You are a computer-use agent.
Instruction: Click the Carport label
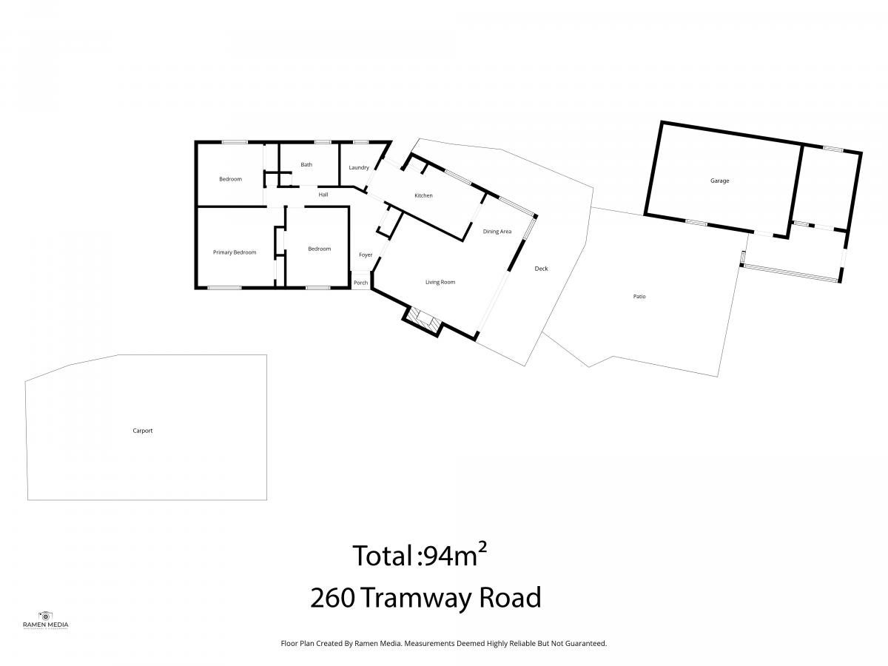click(142, 431)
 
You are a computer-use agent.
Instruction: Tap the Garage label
click(719, 181)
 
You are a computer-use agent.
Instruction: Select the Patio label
click(639, 297)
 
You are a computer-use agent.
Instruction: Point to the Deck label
click(541, 269)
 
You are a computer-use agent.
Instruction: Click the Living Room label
click(440, 282)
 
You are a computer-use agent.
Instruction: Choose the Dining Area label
click(497, 232)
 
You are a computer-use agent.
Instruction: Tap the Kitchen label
click(423, 195)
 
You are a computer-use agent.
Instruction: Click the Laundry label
click(359, 168)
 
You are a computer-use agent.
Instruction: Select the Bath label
click(306, 164)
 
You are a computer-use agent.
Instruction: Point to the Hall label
click(323, 195)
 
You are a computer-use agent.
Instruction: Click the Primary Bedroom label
click(235, 252)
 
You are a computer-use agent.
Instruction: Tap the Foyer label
click(366, 255)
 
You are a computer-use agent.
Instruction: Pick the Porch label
click(361, 283)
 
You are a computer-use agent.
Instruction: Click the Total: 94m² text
click(420, 555)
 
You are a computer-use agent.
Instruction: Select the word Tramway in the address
click(416, 599)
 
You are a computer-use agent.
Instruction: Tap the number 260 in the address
click(333, 598)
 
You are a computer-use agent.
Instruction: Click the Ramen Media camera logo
click(45, 616)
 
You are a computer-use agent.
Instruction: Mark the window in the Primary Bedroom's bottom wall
click(224, 288)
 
